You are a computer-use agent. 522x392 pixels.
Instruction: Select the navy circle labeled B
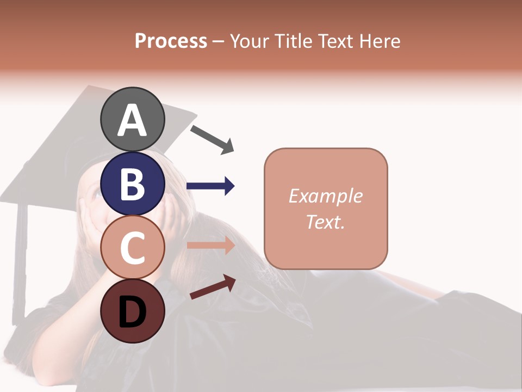point(132,183)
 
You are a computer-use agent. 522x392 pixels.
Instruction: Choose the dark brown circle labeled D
point(132,311)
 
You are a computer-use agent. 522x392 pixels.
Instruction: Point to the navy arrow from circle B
point(210,186)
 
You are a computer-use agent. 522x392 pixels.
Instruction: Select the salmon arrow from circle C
point(210,246)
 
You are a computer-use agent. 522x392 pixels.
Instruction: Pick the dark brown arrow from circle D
point(213,287)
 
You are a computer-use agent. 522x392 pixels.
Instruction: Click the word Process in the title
point(171,41)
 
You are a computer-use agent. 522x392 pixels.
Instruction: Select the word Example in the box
point(325,195)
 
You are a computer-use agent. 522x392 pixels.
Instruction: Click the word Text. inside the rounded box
point(325,222)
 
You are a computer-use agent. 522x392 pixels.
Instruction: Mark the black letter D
point(132,313)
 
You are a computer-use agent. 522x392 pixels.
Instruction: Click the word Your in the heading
point(249,41)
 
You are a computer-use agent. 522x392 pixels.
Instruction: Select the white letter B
point(132,184)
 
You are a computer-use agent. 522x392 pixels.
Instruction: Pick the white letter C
point(132,248)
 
